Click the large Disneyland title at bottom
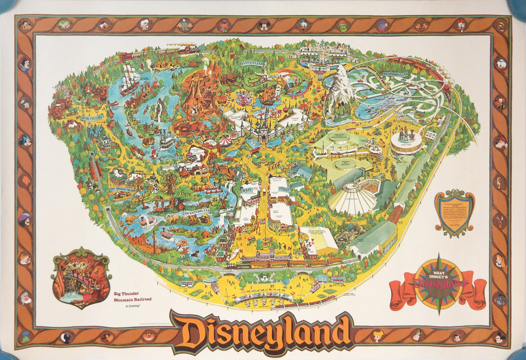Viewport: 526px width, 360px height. [x=261, y=330]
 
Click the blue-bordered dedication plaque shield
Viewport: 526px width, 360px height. [x=454, y=212]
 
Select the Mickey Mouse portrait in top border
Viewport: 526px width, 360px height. [x=264, y=25]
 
